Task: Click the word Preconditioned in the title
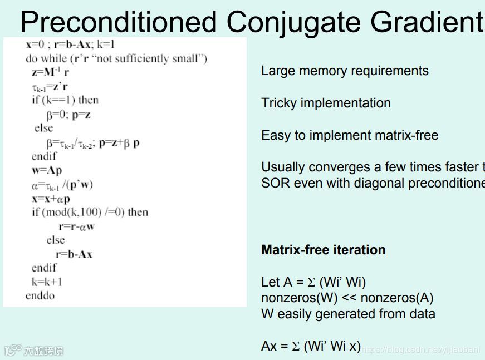coord(118,22)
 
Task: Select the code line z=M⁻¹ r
coord(50,72)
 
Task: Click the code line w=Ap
coord(47,170)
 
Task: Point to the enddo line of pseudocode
coord(40,295)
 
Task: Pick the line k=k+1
coord(47,282)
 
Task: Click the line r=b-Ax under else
coord(74,254)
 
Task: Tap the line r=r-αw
coord(77,226)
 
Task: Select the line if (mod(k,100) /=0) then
coord(90,212)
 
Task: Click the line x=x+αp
coord(51,198)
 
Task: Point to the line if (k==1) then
coord(65,100)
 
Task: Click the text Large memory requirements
coord(345,71)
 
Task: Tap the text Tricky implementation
coord(326,103)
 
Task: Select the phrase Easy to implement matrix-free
coord(350,136)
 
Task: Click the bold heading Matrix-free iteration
coord(323,250)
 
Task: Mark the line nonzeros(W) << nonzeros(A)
coord(347,298)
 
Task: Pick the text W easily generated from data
coord(348,314)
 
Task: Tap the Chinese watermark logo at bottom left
coord(35,351)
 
